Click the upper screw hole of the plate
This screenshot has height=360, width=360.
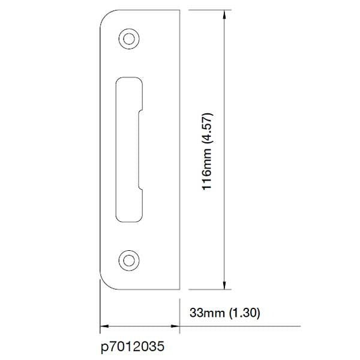(x=128, y=37)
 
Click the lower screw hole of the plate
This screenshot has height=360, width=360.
(x=128, y=259)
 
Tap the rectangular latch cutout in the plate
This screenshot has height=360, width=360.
(x=128, y=148)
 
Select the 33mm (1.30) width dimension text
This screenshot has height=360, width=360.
(x=224, y=313)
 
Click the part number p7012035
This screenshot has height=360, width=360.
(x=132, y=347)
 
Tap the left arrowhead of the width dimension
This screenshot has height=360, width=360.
(x=103, y=326)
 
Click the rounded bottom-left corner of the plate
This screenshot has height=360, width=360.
(x=105, y=284)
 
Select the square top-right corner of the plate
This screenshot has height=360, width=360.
(x=180, y=10)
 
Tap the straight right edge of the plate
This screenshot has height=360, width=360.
(x=180, y=150)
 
